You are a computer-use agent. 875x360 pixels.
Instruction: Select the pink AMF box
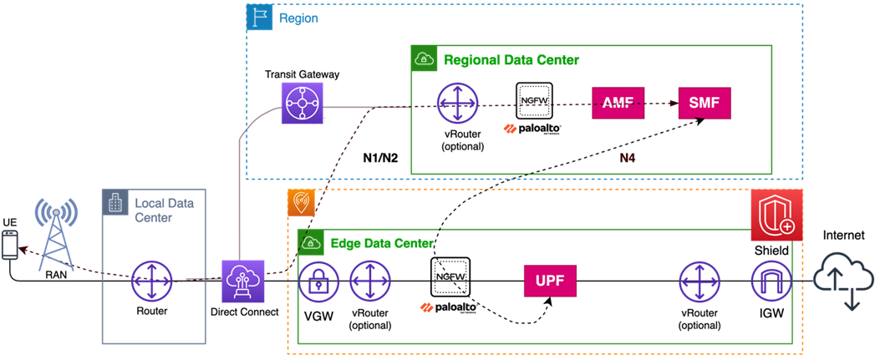tap(618, 104)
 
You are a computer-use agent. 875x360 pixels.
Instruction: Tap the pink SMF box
tap(704, 104)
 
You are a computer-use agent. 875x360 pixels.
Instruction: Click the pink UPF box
tap(550, 281)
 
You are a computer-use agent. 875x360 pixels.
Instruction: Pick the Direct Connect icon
tap(243, 281)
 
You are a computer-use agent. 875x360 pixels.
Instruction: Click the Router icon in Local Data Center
tap(151, 281)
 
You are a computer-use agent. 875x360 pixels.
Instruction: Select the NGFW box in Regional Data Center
tap(535, 104)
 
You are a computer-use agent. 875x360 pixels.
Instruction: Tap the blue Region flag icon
tap(259, 18)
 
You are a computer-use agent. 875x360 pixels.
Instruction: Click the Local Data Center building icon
tap(114, 200)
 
